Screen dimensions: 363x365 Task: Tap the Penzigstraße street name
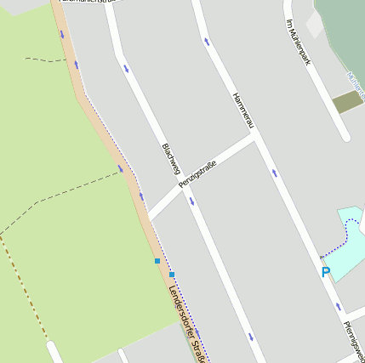click(x=197, y=173)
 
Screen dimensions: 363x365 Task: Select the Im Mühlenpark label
click(x=295, y=41)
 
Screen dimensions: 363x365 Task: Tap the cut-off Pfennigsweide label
click(x=354, y=339)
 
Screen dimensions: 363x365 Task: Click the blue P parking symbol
click(x=325, y=272)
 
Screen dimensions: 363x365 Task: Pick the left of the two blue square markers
click(x=157, y=261)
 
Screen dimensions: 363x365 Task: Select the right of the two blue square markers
click(x=172, y=275)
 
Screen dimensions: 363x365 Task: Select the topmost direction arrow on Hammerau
click(x=207, y=41)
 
